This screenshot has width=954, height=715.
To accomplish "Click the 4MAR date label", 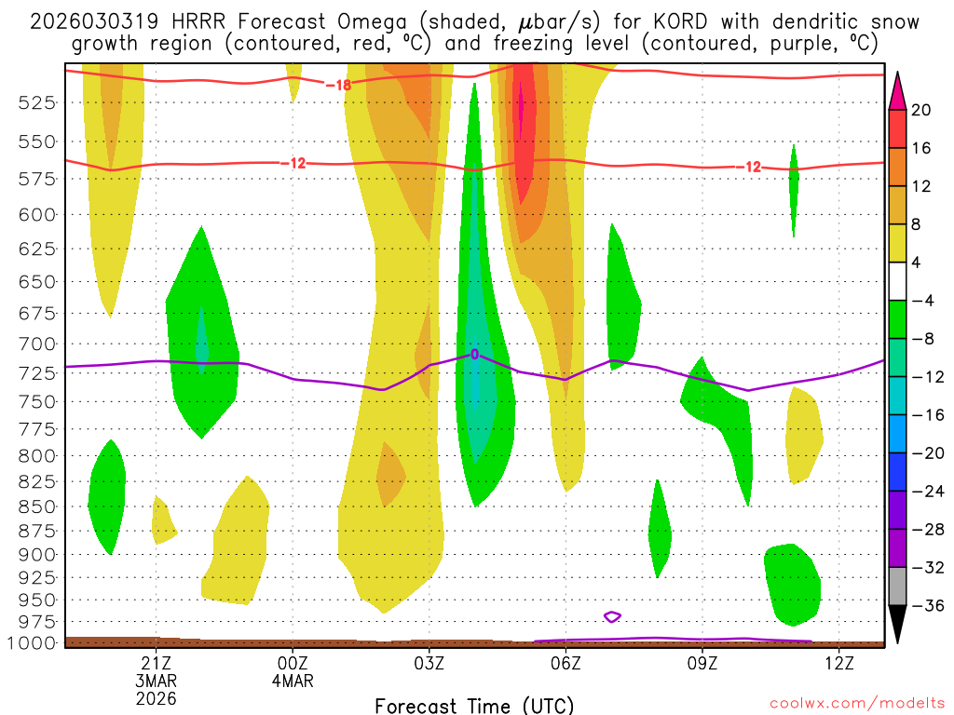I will click(x=293, y=681).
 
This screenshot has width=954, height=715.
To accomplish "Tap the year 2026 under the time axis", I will click(x=156, y=697).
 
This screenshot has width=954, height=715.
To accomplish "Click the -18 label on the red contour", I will click(x=337, y=85).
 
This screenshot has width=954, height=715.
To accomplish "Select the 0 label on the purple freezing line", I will click(x=474, y=355).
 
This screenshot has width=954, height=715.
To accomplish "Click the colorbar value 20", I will click(x=921, y=110).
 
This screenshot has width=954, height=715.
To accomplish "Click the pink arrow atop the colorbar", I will click(x=898, y=89).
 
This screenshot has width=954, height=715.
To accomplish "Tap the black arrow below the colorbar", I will click(x=898, y=625).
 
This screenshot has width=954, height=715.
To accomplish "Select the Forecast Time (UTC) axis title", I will click(x=474, y=705).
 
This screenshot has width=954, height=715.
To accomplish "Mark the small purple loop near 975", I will click(x=612, y=616).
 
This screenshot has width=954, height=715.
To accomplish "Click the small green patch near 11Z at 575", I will click(x=794, y=186).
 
